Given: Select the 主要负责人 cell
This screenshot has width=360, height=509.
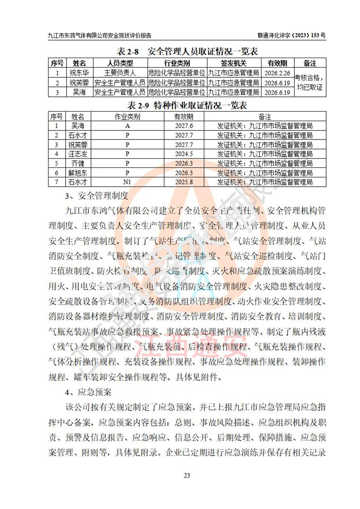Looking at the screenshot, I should pyautogui.click(x=120, y=73).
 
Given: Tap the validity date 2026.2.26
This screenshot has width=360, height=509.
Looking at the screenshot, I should pyautogui.click(x=277, y=73).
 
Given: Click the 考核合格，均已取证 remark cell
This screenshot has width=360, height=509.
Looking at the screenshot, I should pyautogui.click(x=309, y=82).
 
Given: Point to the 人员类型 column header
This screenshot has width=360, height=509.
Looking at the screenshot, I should pyautogui.click(x=120, y=63).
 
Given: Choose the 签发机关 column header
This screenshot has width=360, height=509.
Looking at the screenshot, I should pyautogui.click(x=233, y=63).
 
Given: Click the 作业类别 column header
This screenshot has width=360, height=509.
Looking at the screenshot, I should pyautogui.click(x=127, y=116).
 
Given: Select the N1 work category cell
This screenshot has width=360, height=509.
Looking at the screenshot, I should pyautogui.click(x=127, y=182).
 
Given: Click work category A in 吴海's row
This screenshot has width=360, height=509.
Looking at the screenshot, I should pyautogui.click(x=127, y=126).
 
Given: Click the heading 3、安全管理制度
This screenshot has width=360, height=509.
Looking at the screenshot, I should pyautogui.click(x=97, y=196).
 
